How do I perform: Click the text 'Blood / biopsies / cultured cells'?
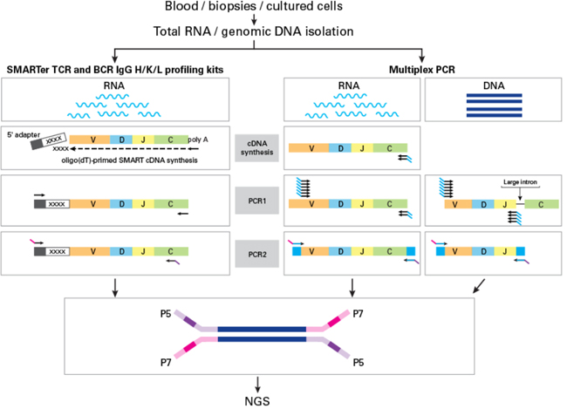pyautogui.click(x=253, y=8)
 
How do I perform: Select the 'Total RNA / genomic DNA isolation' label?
pyautogui.click(x=253, y=32)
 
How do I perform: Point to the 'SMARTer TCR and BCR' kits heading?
pyautogui.click(x=113, y=69)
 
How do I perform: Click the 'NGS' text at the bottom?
pyautogui.click(x=259, y=399)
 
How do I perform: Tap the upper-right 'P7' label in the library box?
pyautogui.click(x=359, y=311)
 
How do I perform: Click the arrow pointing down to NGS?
pyautogui.click(x=259, y=381)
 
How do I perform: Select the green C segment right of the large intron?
pyautogui.click(x=542, y=206)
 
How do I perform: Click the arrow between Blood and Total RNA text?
pyautogui.click(x=253, y=20)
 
